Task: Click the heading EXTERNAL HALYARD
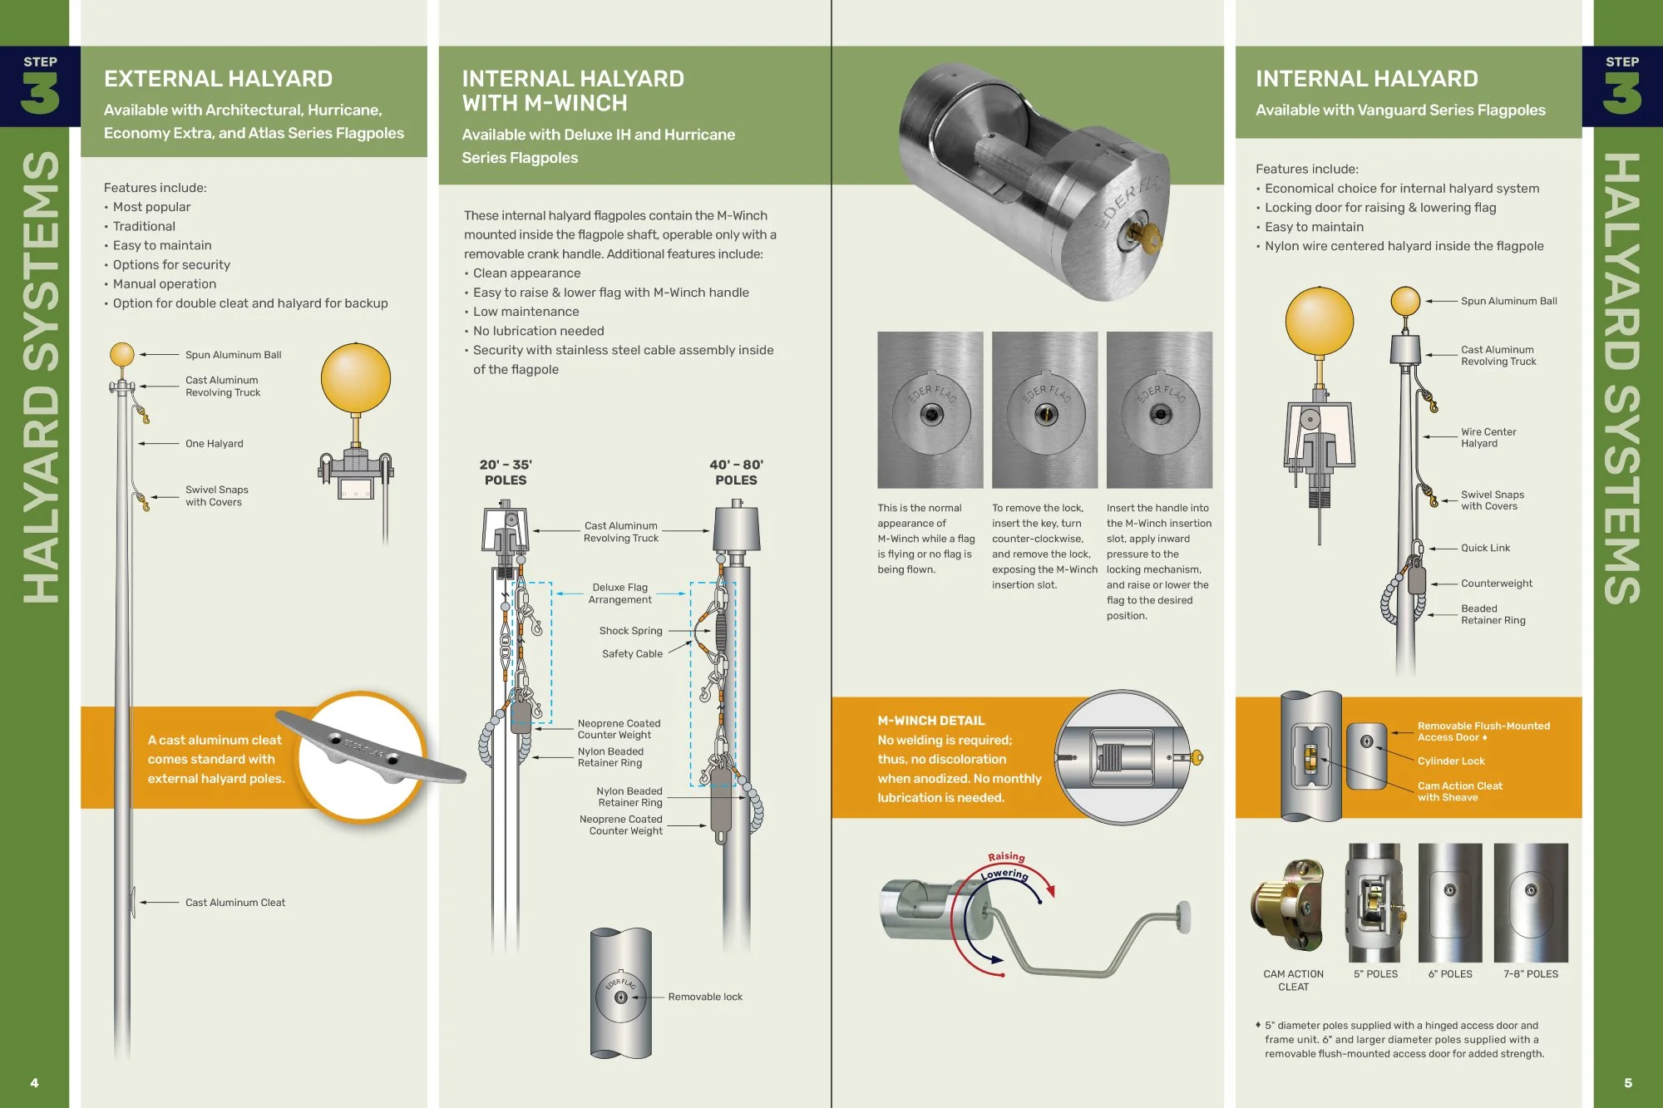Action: tap(218, 79)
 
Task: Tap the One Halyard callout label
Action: tap(214, 444)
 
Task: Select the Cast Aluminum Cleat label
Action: tap(234, 903)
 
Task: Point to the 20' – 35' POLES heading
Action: tap(506, 472)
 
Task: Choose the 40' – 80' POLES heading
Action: tap(736, 472)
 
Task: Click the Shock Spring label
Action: tap(630, 631)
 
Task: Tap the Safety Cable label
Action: tap(632, 654)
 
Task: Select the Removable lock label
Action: tap(705, 997)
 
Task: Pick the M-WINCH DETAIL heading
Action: tap(930, 721)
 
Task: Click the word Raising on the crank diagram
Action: tap(1006, 857)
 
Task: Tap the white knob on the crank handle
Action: tap(1182, 915)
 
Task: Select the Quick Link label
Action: tap(1485, 548)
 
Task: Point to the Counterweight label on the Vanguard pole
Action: tap(1496, 584)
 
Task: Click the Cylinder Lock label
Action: tap(1451, 761)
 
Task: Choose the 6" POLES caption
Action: tap(1450, 974)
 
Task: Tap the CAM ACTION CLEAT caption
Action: tap(1293, 980)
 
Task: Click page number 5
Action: tap(1628, 1083)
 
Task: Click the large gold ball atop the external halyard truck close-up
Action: tap(356, 378)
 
